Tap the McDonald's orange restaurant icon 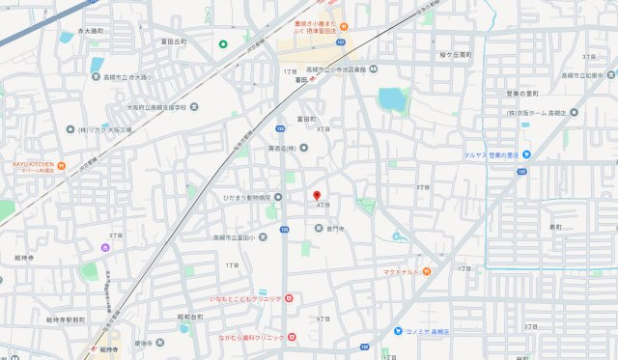coord(426,271)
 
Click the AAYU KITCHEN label coord(26,164)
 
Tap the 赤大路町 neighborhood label coord(89,33)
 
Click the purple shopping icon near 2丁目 coord(107,247)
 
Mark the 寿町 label coord(555,227)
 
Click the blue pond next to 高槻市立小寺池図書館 coord(392,99)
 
